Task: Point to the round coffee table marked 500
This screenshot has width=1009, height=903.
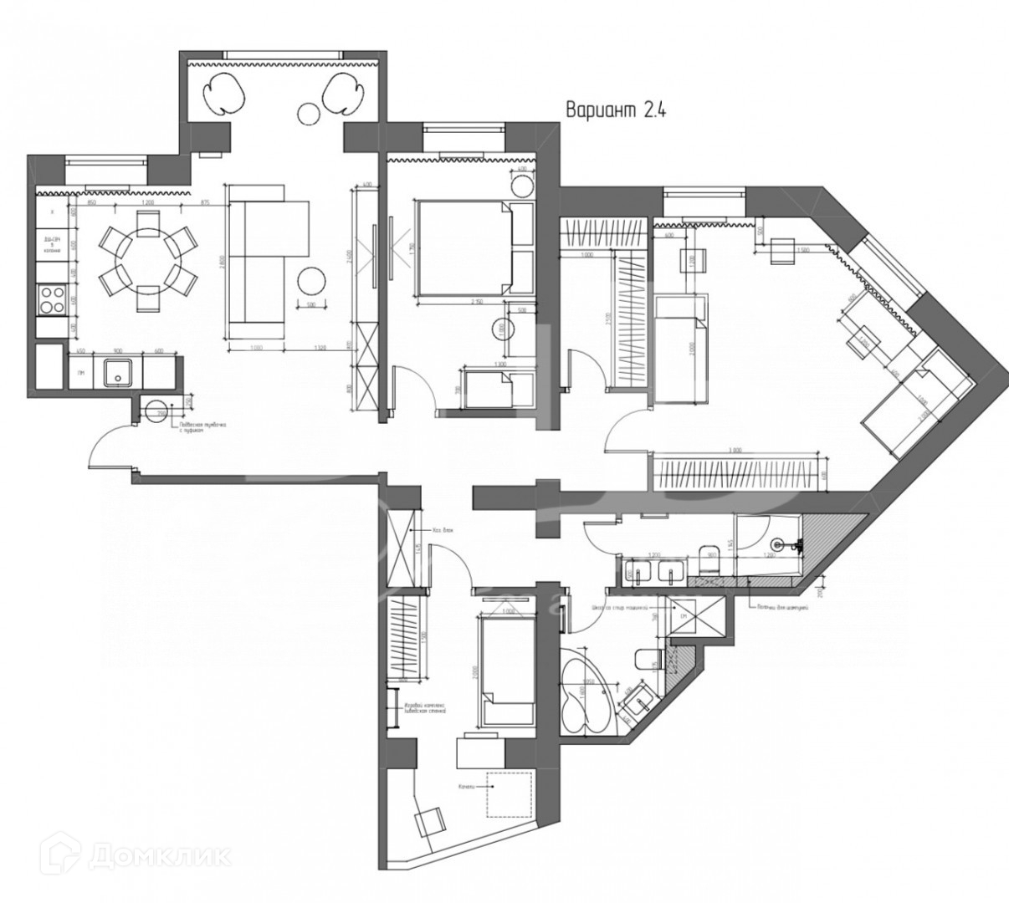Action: tap(311, 279)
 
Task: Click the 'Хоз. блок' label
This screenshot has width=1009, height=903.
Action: tap(442, 529)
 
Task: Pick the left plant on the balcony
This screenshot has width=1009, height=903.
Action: tap(226, 92)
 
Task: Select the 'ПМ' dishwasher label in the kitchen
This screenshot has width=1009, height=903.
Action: tap(80, 372)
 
